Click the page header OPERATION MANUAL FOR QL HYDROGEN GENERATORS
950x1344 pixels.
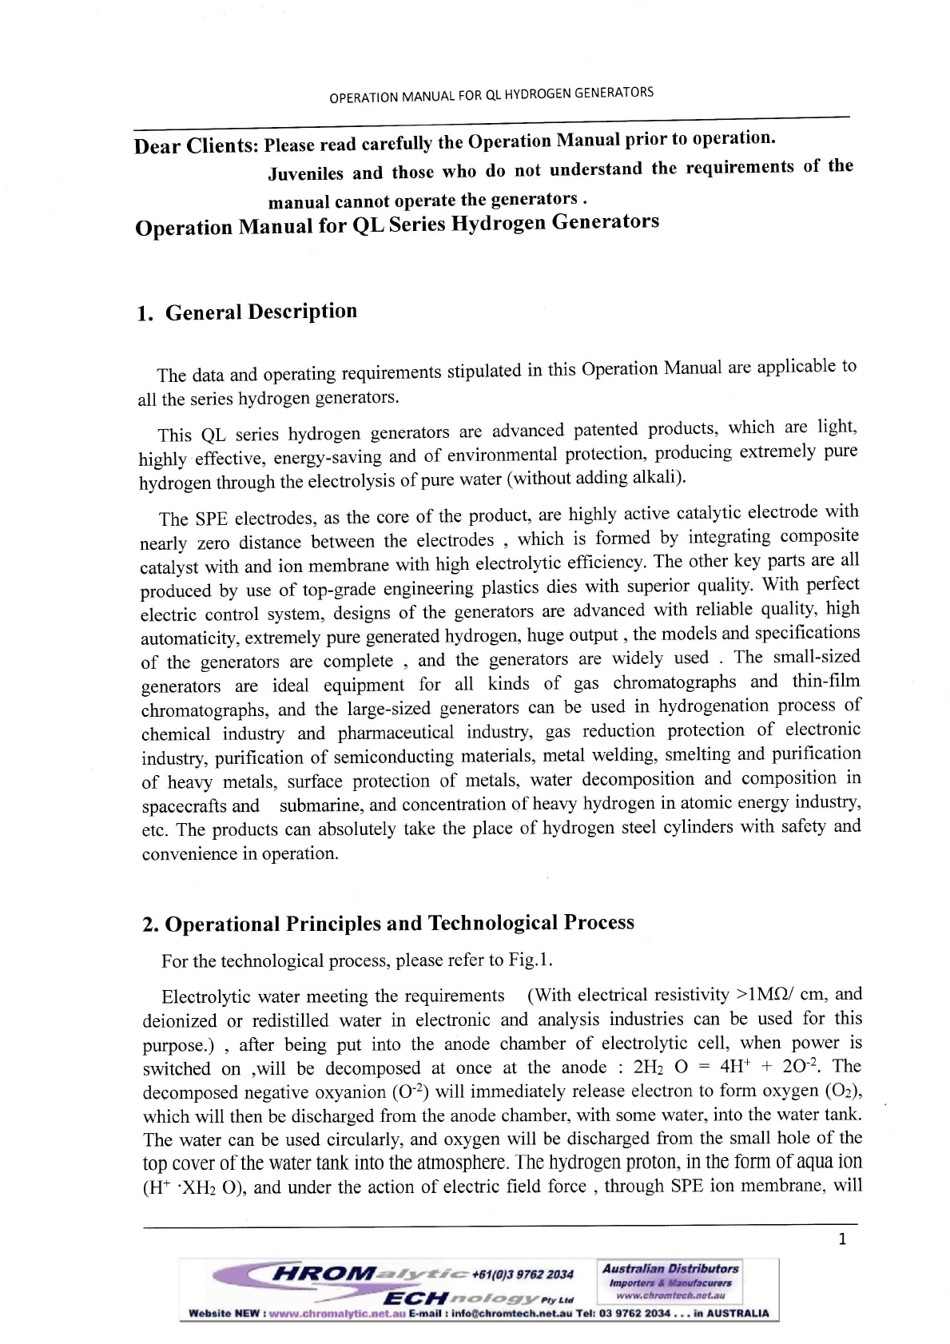tap(491, 95)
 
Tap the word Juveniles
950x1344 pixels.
tap(305, 173)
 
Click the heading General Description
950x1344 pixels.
tap(260, 312)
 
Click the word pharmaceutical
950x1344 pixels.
tap(396, 733)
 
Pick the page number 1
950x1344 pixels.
tap(841, 1239)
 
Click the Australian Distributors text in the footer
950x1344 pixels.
tap(670, 1269)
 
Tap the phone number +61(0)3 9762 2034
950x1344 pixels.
tap(523, 1274)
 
